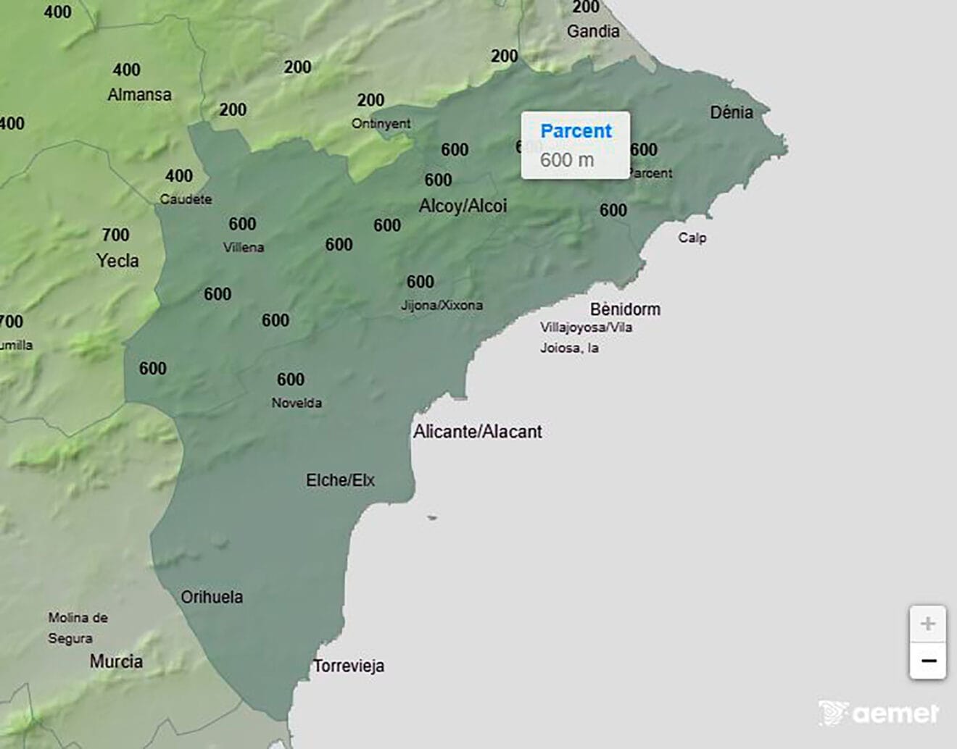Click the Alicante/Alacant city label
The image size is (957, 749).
tap(477, 432)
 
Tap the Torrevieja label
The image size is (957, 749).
tap(349, 666)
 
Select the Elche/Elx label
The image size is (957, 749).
tap(340, 480)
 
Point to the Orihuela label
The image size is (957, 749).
tap(212, 597)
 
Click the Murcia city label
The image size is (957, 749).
tap(116, 661)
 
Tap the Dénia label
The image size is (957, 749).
tap(731, 112)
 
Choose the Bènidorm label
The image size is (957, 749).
tap(625, 309)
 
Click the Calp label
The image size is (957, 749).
tap(692, 238)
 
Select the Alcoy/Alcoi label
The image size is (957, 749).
tap(463, 206)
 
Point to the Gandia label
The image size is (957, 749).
tap(593, 31)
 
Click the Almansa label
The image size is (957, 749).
tap(139, 94)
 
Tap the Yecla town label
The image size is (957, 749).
tap(117, 260)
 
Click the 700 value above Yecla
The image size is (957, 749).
tap(116, 235)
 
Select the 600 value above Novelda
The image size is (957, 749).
tap(290, 380)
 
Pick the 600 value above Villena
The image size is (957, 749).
tap(242, 224)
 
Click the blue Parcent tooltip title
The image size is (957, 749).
tap(576, 131)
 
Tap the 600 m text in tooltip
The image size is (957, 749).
tap(567, 160)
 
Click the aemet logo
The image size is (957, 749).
tap(879, 713)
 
